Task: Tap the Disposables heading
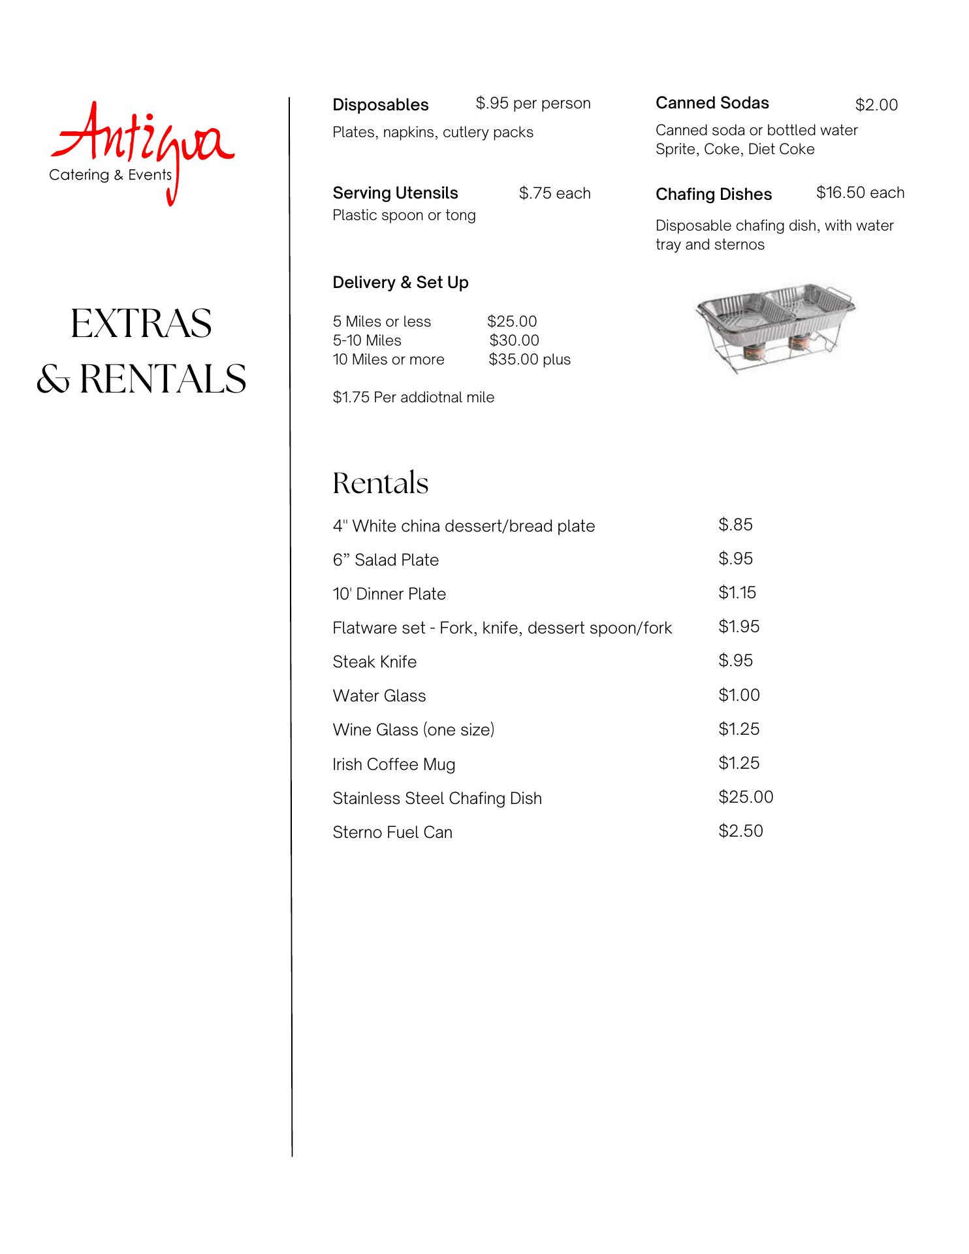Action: click(x=380, y=105)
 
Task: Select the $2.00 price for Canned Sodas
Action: click(x=876, y=105)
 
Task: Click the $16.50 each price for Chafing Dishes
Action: click(x=859, y=193)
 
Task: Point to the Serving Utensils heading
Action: click(x=395, y=193)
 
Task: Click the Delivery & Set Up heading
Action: click(x=400, y=283)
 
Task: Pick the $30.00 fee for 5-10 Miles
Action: click(x=514, y=340)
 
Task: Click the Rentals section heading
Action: click(x=380, y=483)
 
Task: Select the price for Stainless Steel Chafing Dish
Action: click(x=745, y=797)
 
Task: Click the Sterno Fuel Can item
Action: click(x=392, y=832)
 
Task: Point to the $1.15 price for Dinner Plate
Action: click(x=737, y=592)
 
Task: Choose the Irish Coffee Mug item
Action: click(x=393, y=764)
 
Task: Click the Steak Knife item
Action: click(x=374, y=662)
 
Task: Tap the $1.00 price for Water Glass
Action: click(x=739, y=695)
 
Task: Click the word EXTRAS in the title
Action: click(x=141, y=323)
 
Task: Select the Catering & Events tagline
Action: click(x=110, y=175)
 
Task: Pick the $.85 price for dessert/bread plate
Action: click(x=735, y=524)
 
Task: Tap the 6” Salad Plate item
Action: click(x=385, y=560)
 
